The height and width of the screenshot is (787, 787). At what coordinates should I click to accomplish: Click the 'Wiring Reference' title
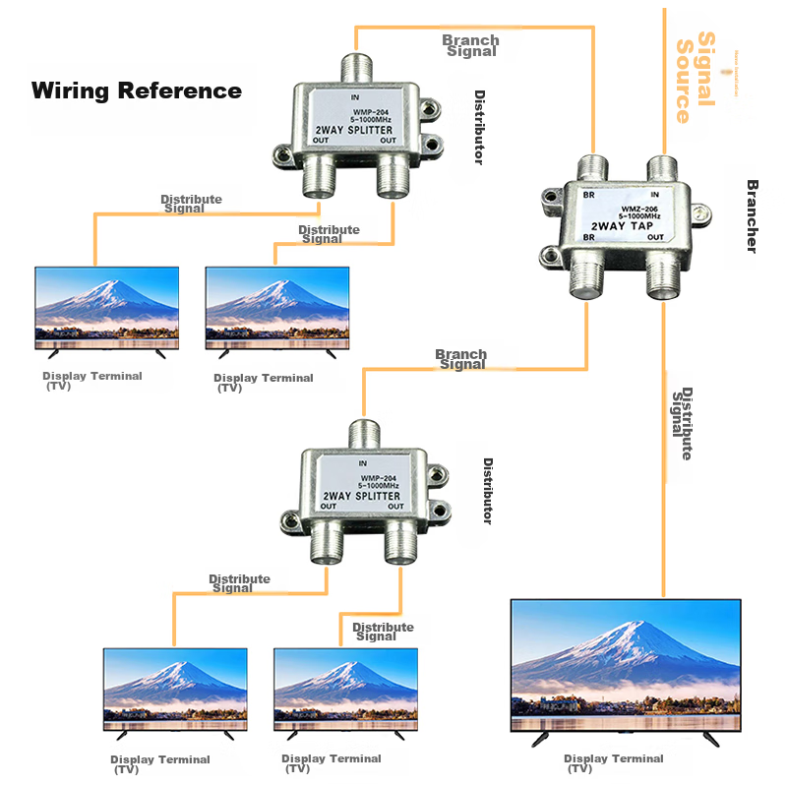[x=137, y=91]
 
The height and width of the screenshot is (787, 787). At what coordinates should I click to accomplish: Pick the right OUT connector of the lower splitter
[x=400, y=544]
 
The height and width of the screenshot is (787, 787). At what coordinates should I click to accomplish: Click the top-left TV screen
[x=107, y=302]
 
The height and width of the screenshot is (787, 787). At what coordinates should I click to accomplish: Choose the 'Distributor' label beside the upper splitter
[x=479, y=128]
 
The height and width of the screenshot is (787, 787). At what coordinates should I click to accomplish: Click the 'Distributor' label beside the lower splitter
[x=488, y=490]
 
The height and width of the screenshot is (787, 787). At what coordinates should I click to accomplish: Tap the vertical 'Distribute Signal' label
[x=683, y=423]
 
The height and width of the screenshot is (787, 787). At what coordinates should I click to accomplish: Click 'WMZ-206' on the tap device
[x=638, y=209]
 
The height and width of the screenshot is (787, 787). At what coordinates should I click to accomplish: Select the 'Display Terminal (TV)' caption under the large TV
[x=613, y=762]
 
